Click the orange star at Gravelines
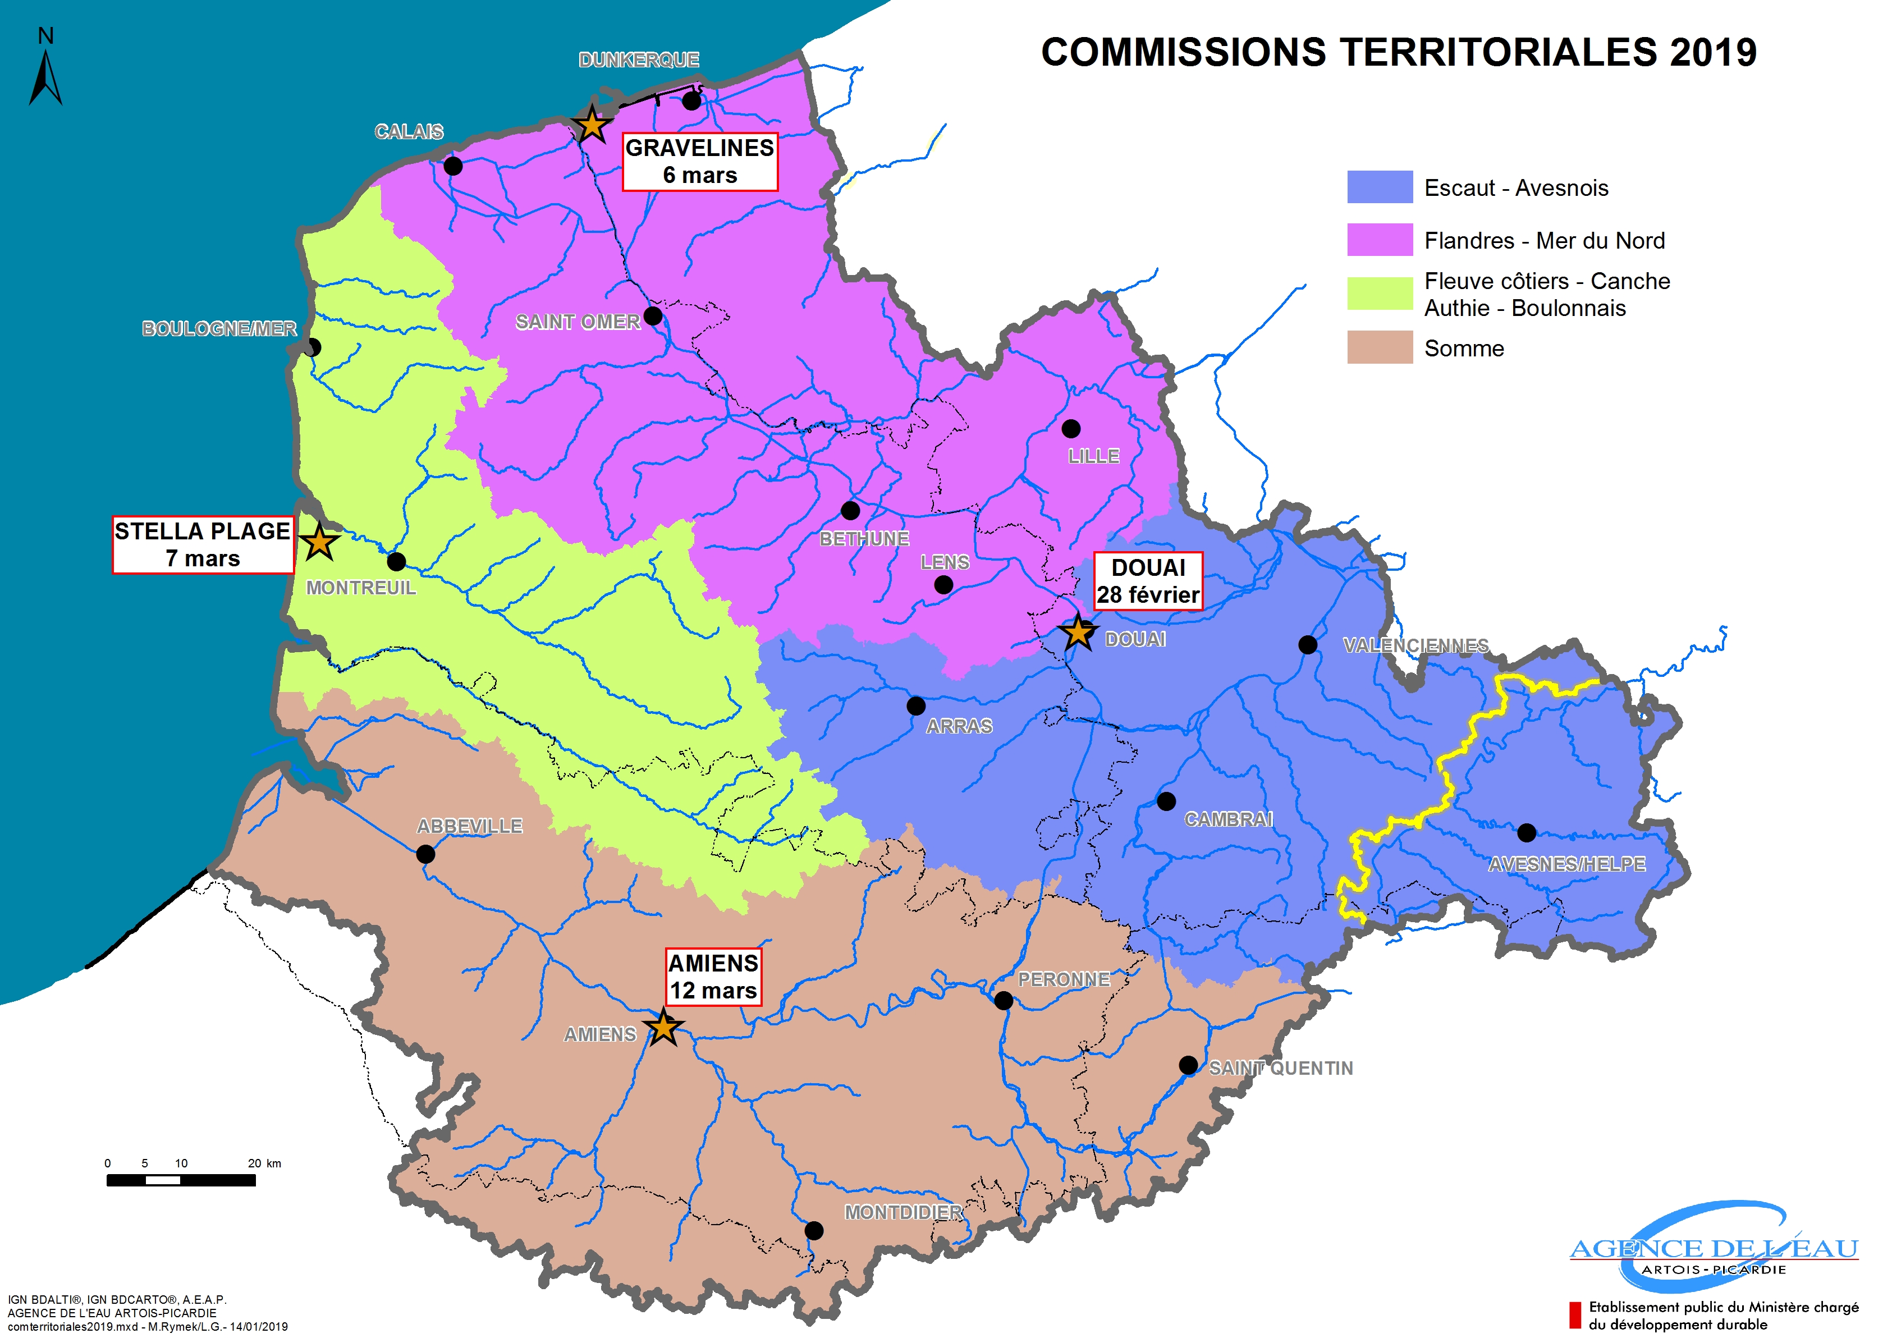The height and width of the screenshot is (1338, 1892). tap(592, 125)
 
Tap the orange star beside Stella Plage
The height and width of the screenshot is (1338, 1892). tap(319, 542)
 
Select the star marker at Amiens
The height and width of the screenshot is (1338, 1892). tap(663, 1028)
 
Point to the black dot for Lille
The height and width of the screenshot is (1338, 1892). tap(1070, 428)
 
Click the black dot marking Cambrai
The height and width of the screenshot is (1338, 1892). tap(1166, 801)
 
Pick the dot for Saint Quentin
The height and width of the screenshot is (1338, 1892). tap(1188, 1065)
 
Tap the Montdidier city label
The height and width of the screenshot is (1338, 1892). tap(903, 1213)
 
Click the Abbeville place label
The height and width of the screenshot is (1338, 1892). tap(470, 826)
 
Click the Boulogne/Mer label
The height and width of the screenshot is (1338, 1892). tap(219, 329)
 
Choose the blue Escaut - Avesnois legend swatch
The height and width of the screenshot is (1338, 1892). tap(1380, 187)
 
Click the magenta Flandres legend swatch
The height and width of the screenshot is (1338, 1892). tap(1380, 240)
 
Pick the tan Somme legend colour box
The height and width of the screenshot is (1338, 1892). tap(1380, 347)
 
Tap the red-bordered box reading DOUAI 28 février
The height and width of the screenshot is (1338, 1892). tap(1148, 581)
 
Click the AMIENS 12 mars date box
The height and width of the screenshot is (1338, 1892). tap(713, 977)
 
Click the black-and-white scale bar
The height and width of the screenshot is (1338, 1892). tap(181, 1181)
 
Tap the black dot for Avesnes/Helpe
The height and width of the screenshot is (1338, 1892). tap(1526, 832)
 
